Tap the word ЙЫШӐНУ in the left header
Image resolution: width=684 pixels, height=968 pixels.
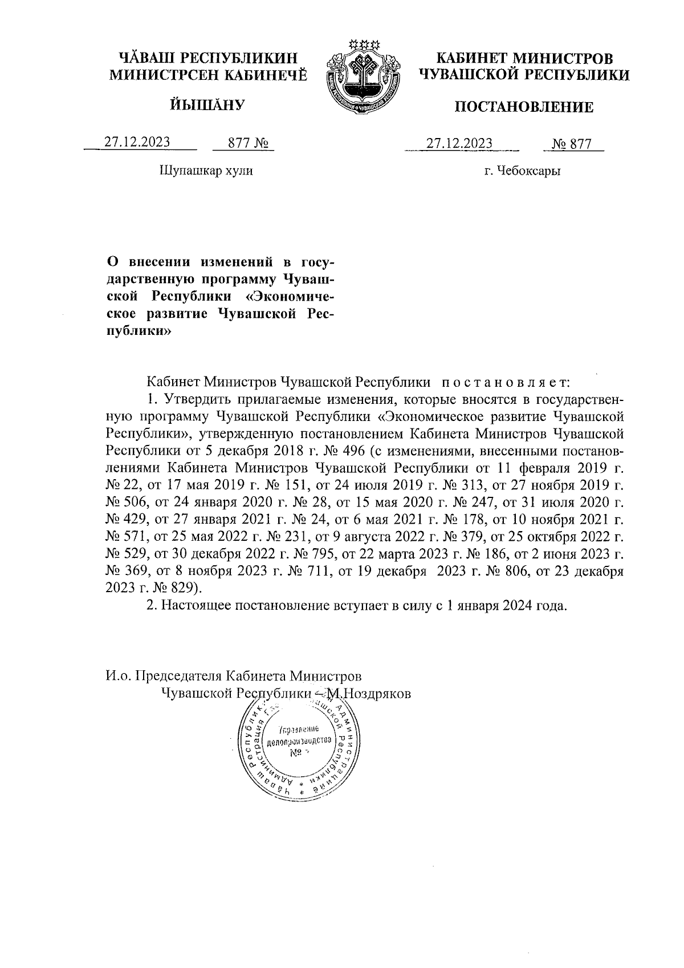point(207,104)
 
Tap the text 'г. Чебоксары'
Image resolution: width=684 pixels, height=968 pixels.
point(522,171)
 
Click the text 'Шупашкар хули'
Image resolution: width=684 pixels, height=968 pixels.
point(205,171)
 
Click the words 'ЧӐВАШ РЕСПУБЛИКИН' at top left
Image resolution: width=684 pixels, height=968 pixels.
point(207,58)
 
